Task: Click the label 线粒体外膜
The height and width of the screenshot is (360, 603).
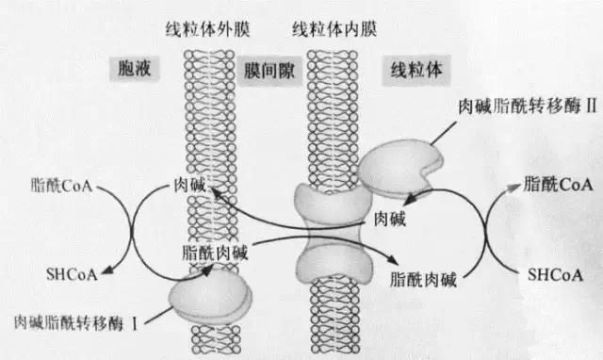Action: coord(220,29)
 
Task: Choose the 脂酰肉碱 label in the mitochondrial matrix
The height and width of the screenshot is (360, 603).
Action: coord(421,278)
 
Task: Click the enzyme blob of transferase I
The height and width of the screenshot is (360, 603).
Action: coord(210,294)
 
